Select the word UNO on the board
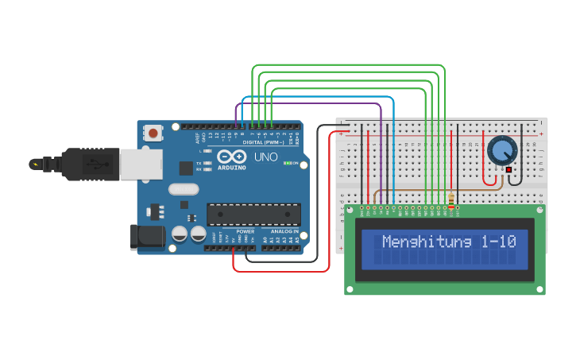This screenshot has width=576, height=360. [x=265, y=157]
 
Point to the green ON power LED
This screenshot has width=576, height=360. [x=287, y=163]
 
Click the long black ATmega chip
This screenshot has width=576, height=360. [x=253, y=214]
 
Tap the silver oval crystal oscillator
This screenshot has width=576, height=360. [x=183, y=189]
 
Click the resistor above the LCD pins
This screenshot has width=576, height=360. [x=452, y=202]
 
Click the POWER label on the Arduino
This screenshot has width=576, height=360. [x=245, y=231]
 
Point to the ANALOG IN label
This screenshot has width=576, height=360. [x=284, y=231]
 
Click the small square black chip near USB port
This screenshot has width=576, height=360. [x=186, y=168]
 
